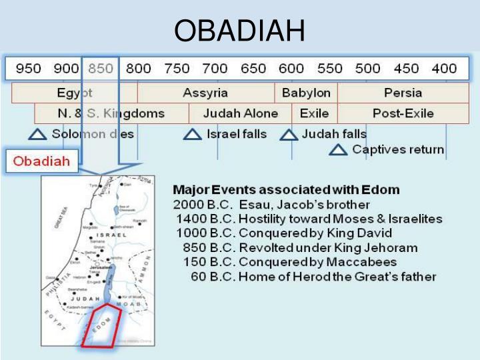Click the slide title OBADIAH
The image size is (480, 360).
click(239, 31)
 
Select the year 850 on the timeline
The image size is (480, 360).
click(101, 69)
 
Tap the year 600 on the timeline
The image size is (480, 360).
click(291, 69)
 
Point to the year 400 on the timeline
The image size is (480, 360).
click(444, 69)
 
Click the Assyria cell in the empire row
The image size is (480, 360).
click(205, 93)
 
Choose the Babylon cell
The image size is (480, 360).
click(306, 93)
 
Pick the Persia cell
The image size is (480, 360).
click(403, 93)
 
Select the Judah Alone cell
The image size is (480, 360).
click(241, 113)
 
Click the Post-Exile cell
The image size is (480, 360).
click(403, 113)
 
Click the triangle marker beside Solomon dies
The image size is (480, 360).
click(38, 135)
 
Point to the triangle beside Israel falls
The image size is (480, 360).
click(193, 135)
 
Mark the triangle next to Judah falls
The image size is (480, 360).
click(289, 135)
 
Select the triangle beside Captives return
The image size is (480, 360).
click(339, 150)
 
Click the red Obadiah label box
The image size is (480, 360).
click(42, 161)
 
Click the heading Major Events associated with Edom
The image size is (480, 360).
click(286, 190)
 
